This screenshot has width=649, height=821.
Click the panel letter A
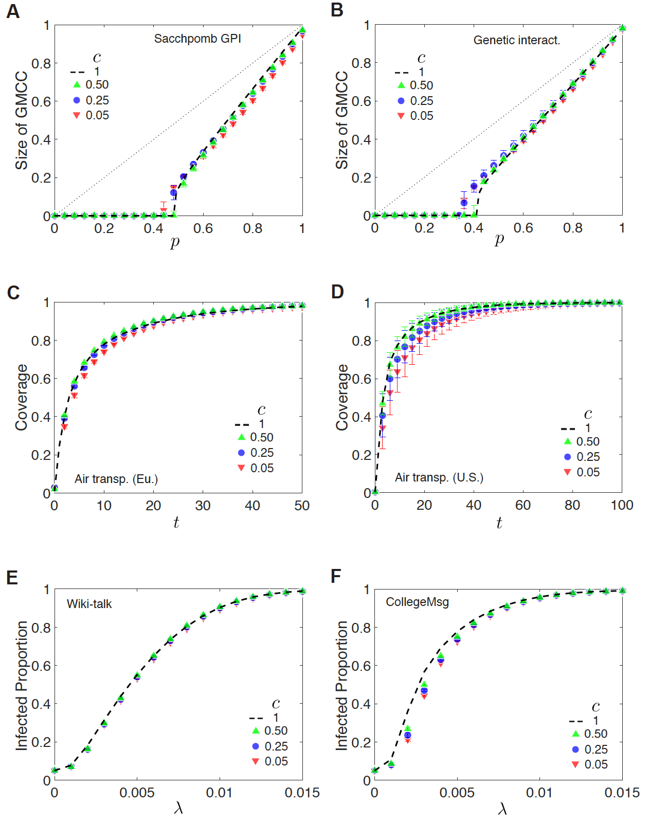(x=13, y=11)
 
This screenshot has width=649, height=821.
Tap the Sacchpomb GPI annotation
(x=197, y=39)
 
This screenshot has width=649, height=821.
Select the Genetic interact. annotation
(x=516, y=40)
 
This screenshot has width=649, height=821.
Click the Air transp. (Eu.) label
(x=116, y=479)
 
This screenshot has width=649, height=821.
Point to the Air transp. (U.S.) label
(x=439, y=477)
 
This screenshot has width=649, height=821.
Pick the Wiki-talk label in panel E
(x=89, y=604)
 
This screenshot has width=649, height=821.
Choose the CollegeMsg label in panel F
(x=417, y=602)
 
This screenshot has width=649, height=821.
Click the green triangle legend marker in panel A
(x=77, y=84)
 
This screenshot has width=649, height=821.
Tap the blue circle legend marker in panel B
(x=401, y=101)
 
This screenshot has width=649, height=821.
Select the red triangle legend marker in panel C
(x=241, y=468)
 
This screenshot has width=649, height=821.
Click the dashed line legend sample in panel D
(x=568, y=429)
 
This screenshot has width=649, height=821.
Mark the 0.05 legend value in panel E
(x=276, y=761)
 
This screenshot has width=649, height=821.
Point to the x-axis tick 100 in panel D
(x=622, y=505)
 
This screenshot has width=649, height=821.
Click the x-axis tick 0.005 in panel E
(x=137, y=793)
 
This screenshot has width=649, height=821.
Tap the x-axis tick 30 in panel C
(x=203, y=506)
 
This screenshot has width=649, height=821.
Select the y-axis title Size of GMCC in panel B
(x=341, y=120)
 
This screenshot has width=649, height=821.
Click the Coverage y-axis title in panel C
(x=22, y=397)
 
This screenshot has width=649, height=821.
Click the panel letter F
(x=336, y=576)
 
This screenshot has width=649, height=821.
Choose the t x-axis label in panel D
(x=499, y=523)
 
